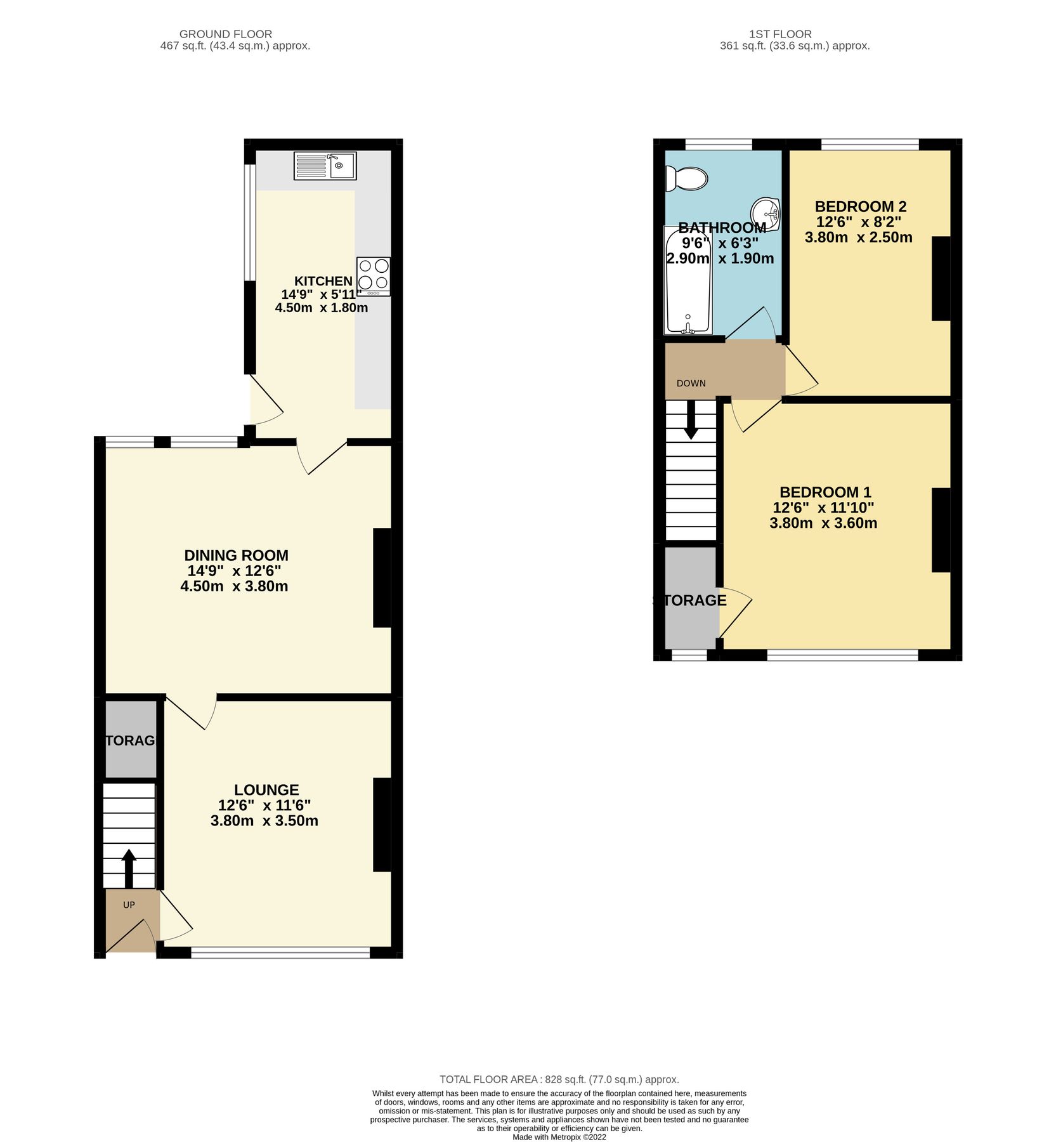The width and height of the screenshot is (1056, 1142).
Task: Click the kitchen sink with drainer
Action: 325,166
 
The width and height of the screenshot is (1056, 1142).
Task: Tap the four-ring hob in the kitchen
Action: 373,276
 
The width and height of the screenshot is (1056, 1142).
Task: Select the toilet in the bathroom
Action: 686,179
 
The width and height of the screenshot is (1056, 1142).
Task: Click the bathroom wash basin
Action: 766,213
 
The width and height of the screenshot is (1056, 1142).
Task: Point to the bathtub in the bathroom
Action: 688,280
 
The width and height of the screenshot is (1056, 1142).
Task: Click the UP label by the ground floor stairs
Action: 129,905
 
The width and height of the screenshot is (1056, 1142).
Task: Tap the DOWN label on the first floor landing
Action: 691,383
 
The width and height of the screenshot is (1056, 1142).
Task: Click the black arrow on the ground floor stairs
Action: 129,868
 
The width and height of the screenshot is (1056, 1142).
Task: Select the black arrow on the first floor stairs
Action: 691,421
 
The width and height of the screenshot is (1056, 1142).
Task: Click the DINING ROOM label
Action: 236,556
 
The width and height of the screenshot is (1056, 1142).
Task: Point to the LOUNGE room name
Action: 266,790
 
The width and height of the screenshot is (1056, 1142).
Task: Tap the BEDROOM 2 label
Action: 860,206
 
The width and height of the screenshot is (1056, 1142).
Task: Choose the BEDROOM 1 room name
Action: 825,492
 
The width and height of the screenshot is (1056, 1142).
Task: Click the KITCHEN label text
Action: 323,281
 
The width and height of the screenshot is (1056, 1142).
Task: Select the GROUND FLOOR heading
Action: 225,34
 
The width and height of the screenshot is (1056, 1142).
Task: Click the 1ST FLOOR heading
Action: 780,34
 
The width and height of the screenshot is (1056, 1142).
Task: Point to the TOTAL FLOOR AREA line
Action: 559,1079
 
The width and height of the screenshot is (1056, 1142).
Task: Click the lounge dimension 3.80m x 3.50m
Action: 264,821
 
